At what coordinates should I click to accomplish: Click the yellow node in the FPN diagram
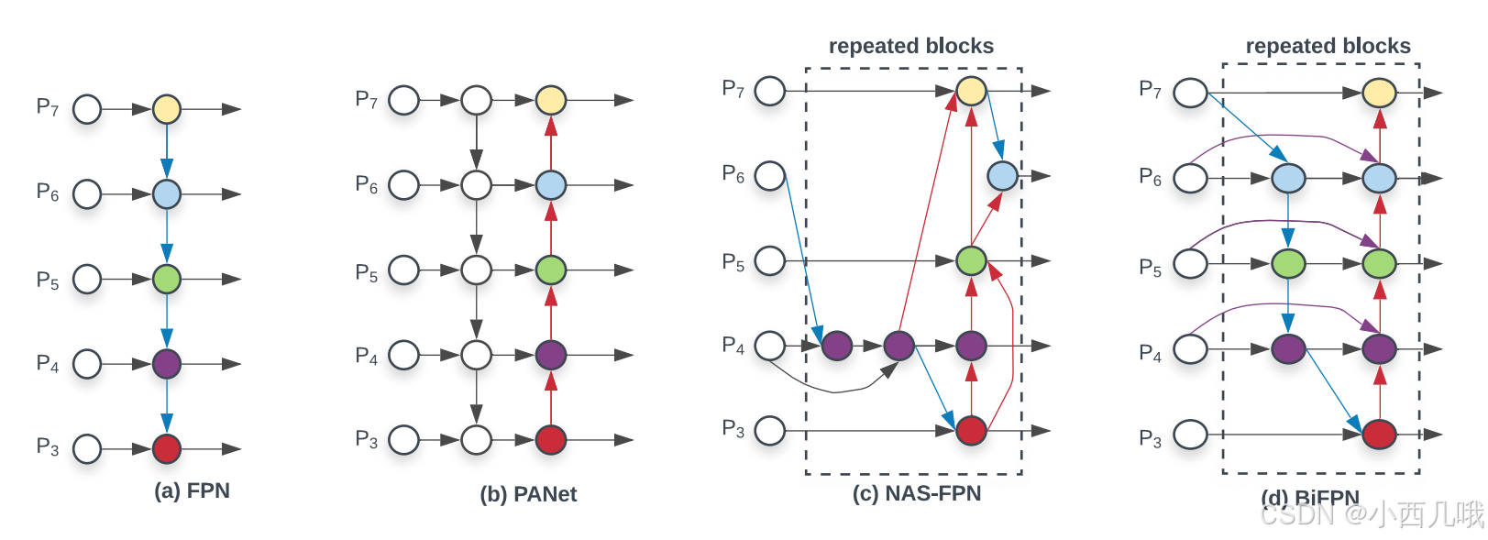coord(166,109)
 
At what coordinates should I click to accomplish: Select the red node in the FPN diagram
coord(166,449)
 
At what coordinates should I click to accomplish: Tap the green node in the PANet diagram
coord(550,270)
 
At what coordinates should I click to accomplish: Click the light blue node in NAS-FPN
coord(1002,176)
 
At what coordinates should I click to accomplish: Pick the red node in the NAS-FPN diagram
coord(971,430)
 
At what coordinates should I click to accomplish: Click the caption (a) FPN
coord(192,491)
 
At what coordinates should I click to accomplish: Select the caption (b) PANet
coord(528,495)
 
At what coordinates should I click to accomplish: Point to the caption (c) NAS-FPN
coord(916,494)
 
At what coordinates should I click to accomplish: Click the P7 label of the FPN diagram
coord(48,107)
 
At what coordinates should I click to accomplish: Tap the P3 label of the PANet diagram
coord(367,439)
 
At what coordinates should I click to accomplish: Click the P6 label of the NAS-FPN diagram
coord(733,173)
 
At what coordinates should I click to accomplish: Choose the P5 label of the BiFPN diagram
coord(1150,268)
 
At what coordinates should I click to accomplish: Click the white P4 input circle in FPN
coord(87,364)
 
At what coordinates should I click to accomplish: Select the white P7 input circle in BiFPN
coord(1190,93)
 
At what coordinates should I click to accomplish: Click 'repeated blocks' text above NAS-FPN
coord(910,46)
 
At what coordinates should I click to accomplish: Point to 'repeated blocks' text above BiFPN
coord(1328,46)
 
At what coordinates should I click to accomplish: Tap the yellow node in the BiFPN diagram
coord(1379,93)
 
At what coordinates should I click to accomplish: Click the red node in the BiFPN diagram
coord(1379,434)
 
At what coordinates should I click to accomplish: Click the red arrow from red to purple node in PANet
coord(550,398)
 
